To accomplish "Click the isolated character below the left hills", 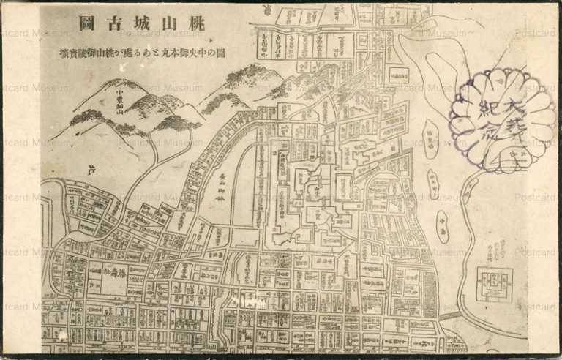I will point(91,171).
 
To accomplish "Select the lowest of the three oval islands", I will point(443,226).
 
